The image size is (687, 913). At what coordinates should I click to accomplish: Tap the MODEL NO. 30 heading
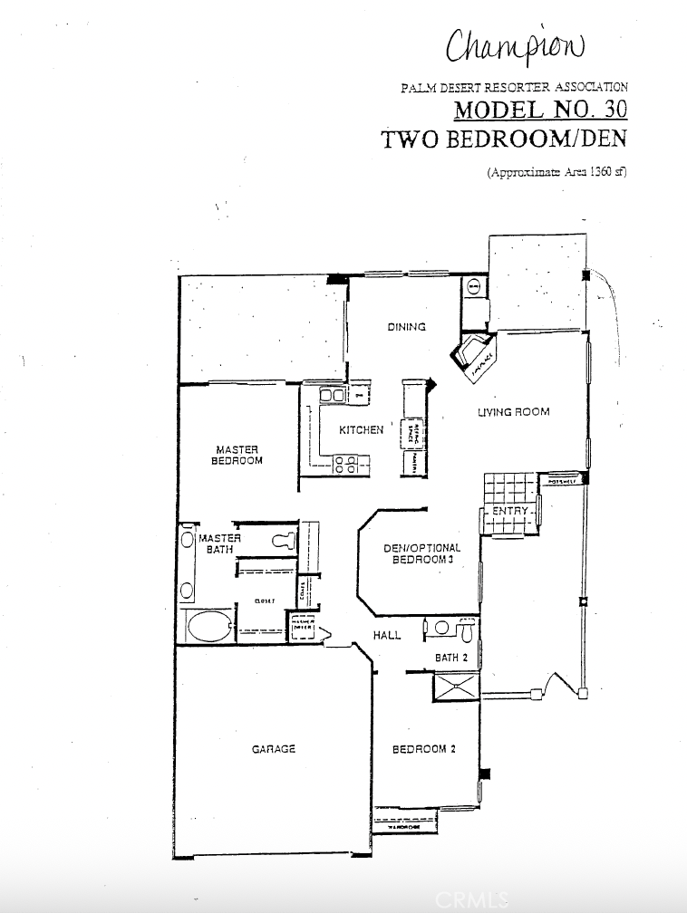[539, 111]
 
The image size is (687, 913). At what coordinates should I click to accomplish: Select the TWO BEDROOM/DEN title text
[504, 140]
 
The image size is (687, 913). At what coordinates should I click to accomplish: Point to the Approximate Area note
[556, 171]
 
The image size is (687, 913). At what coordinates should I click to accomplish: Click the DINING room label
[406, 327]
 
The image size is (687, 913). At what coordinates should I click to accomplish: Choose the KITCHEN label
[361, 430]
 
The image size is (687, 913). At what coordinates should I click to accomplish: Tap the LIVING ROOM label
[514, 412]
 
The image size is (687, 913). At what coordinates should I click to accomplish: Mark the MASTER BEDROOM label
[237, 455]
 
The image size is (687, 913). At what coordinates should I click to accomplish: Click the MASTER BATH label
[219, 543]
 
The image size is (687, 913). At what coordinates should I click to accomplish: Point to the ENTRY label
[509, 512]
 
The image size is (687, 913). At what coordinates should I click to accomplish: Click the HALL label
[387, 636]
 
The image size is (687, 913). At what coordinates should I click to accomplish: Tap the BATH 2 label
[450, 658]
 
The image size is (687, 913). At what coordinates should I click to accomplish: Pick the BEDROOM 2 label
[418, 749]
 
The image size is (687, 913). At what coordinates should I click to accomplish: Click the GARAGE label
[274, 749]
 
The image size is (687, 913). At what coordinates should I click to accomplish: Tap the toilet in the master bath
[284, 542]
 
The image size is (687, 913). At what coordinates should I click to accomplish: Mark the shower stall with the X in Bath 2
[456, 686]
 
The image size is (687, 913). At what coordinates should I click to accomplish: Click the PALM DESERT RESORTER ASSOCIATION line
[514, 88]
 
